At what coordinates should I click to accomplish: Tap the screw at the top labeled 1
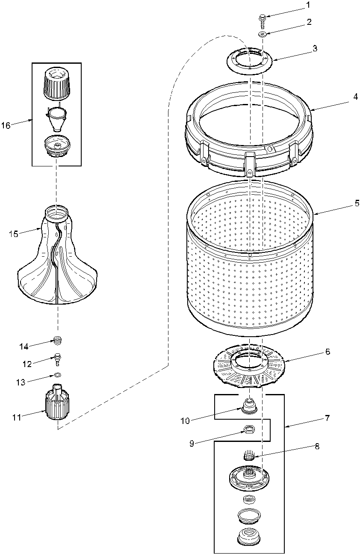263,20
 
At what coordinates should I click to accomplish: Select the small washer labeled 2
263,34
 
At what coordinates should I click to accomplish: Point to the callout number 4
355,97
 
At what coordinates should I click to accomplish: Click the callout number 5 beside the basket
357,204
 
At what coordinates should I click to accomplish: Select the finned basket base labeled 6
249,364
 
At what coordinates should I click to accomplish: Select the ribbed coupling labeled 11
56,410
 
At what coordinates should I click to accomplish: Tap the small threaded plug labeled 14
58,341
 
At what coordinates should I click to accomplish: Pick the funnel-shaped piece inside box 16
57,117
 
